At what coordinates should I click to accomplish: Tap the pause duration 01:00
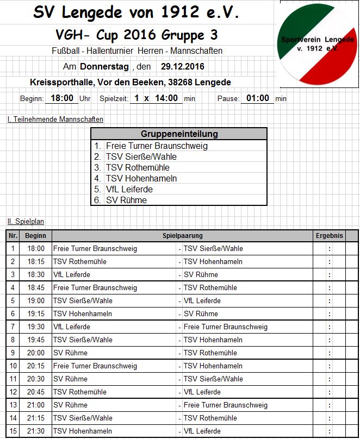pos(258,98)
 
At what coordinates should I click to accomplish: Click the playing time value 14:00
pos(166,98)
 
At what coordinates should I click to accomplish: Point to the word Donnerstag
pos(104,67)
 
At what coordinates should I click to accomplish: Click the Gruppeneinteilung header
pos(179,134)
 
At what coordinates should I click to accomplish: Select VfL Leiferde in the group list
pos(129,189)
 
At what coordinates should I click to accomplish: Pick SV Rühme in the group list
pos(126,200)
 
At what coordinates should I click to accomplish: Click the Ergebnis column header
pos(330,236)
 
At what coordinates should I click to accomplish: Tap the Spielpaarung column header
pos(182,236)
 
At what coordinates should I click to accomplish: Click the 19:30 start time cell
pos(36,327)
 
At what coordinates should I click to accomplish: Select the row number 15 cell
pos(13,431)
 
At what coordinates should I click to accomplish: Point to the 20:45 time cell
pos(36,392)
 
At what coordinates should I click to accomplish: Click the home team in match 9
pos(70,353)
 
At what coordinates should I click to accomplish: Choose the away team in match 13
pos(226,405)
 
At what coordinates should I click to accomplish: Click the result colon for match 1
pos(330,249)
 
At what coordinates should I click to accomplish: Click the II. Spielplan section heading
pos(26,222)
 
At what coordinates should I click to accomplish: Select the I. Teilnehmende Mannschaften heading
pos(55,120)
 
